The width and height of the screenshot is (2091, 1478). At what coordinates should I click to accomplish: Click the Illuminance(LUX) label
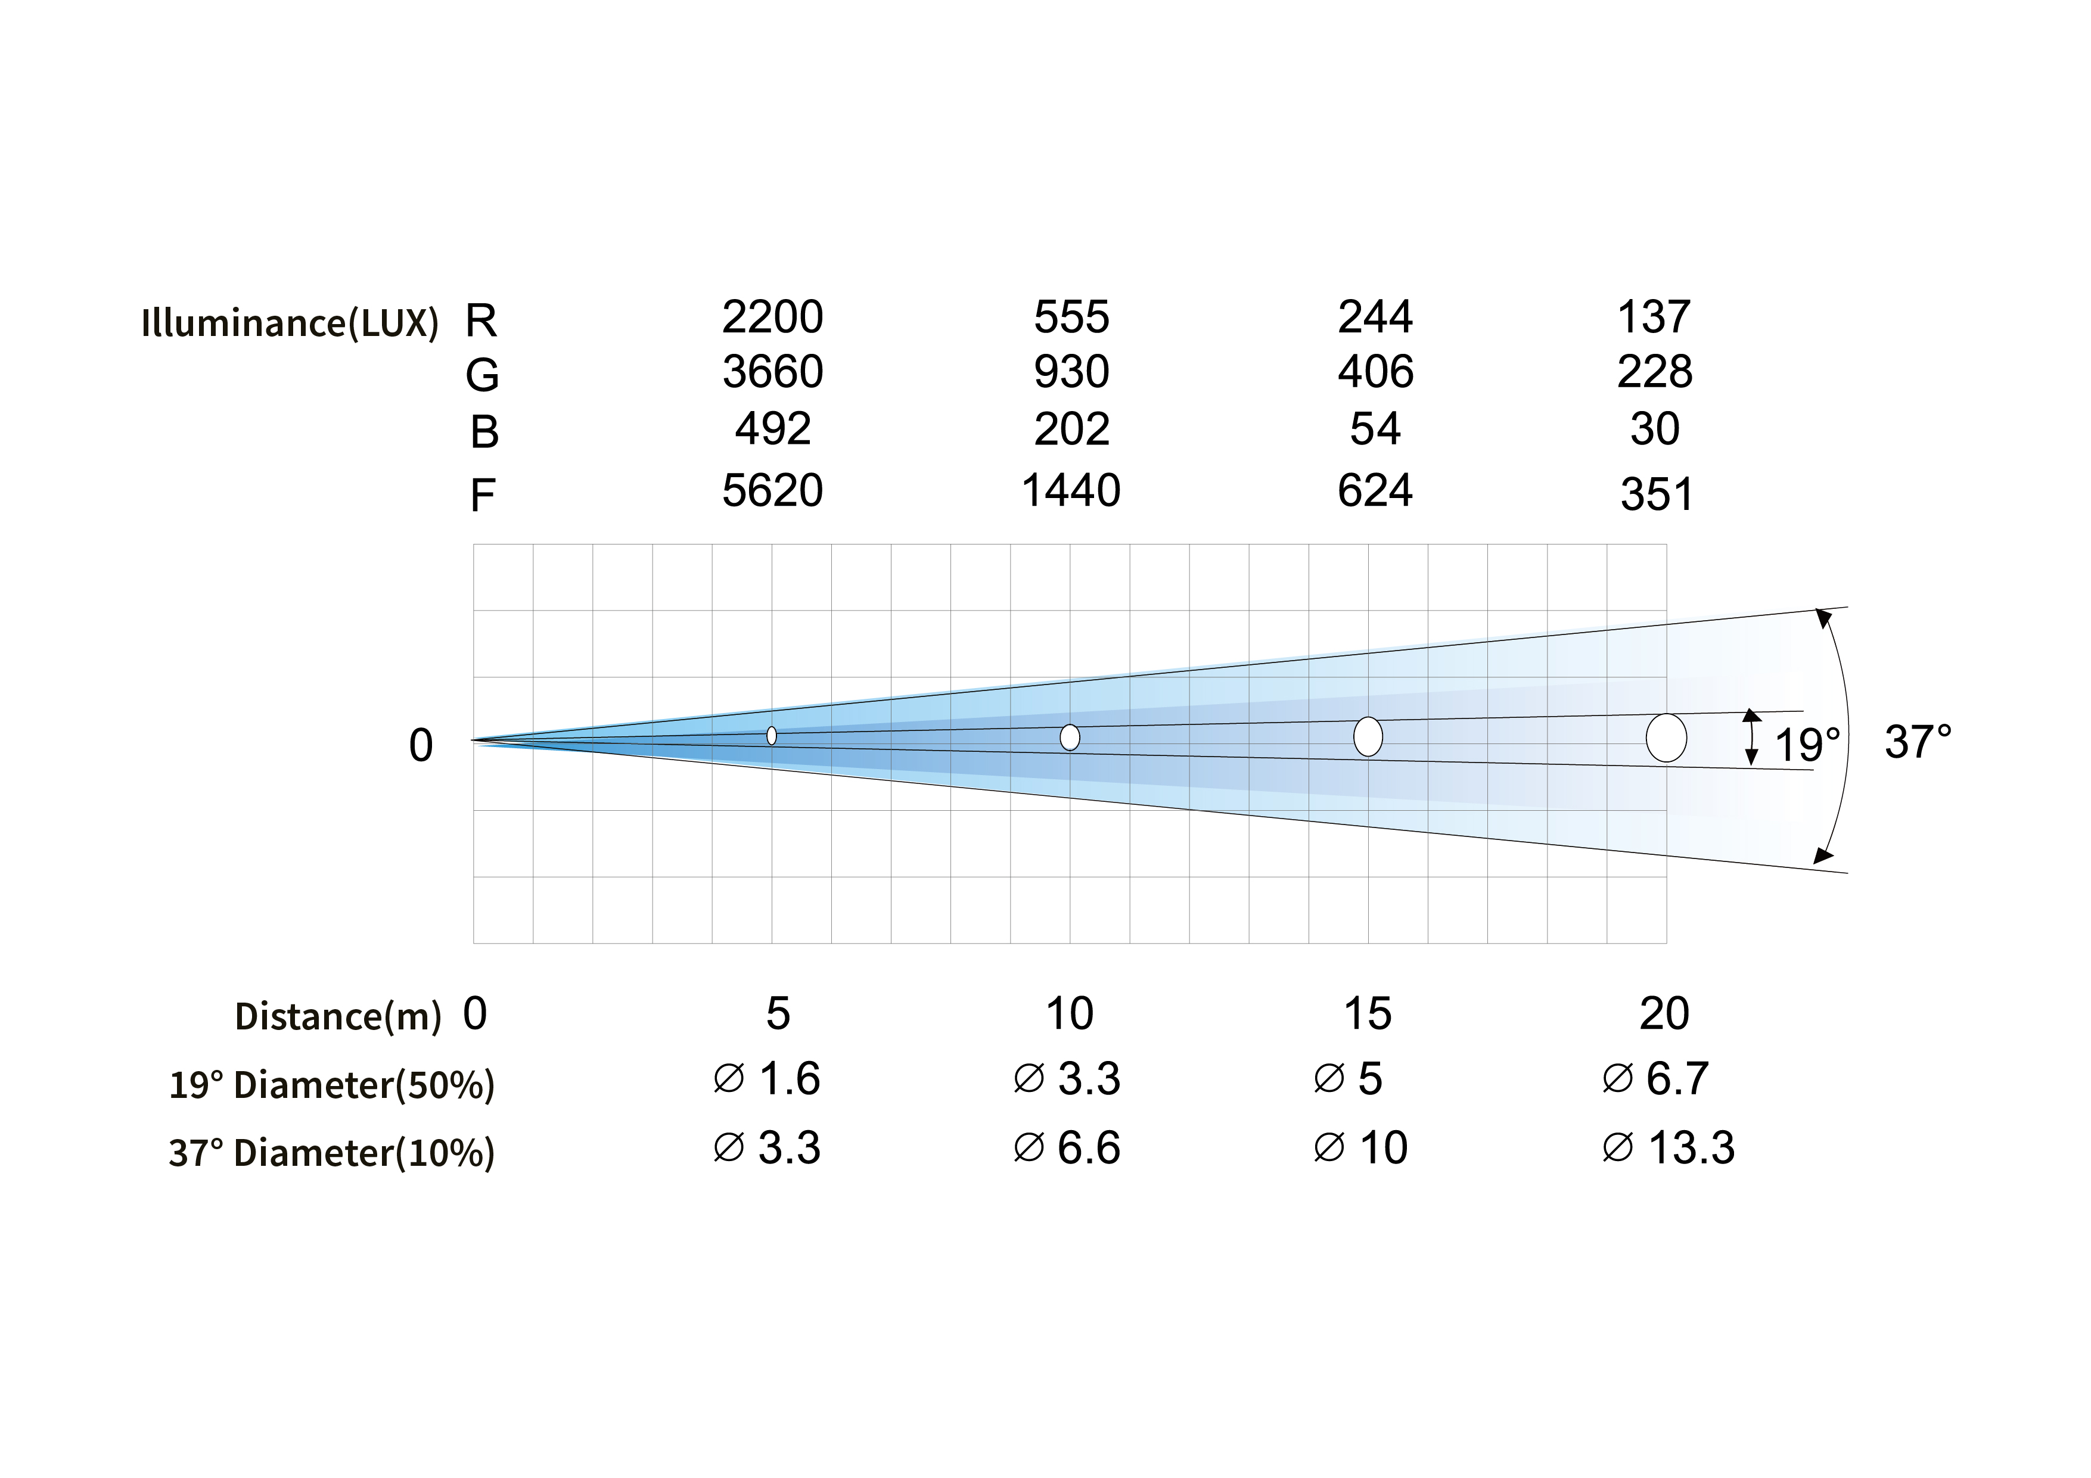tap(290, 323)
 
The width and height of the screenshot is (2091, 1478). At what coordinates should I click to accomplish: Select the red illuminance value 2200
tap(772, 317)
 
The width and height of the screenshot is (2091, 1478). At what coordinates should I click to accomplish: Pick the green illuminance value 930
tap(1071, 372)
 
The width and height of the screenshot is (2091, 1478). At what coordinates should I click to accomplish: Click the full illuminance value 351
tap(1655, 494)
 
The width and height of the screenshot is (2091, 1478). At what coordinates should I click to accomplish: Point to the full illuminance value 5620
tap(772, 491)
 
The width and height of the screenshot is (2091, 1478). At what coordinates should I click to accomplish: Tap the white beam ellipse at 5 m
tap(771, 736)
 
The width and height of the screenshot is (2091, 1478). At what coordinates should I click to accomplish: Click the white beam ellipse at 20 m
tap(1666, 738)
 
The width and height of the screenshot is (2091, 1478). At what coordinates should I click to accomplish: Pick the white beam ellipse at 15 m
tap(1368, 737)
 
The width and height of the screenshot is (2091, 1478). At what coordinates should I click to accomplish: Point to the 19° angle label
tap(1807, 745)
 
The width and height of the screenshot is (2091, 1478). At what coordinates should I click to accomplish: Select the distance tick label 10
tap(1069, 1013)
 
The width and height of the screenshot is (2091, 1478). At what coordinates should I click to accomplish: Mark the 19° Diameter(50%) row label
tap(331, 1085)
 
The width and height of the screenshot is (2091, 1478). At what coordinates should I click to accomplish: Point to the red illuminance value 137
tap(1654, 317)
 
